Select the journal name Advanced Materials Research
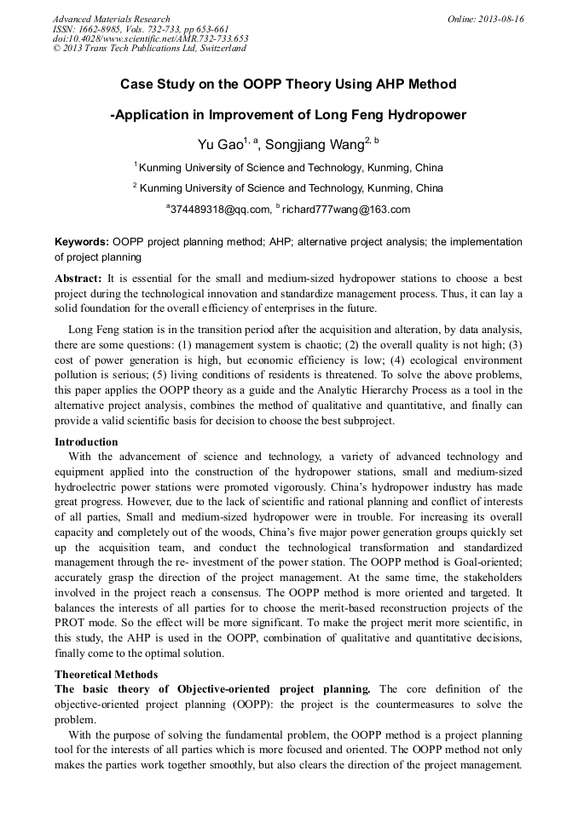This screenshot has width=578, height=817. [112, 19]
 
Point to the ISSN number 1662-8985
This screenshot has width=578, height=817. [101, 28]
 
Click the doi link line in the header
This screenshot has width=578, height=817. [150, 38]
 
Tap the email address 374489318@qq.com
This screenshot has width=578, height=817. [219, 210]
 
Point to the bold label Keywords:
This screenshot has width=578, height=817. [82, 242]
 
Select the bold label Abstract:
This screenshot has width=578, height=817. [78, 279]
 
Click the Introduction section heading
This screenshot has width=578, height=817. [86, 442]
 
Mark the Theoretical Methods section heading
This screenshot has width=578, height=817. [106, 675]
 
